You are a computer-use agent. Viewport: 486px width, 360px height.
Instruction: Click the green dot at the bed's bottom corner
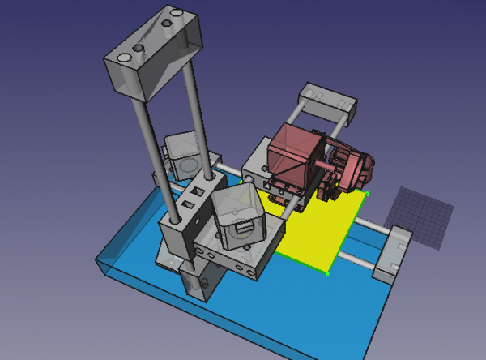coord(327,274)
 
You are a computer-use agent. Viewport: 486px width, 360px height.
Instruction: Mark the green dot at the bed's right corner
coord(367,194)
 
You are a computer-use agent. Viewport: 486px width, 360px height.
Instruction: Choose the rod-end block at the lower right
coord(391,254)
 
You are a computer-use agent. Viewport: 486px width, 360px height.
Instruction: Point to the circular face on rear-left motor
coord(189,165)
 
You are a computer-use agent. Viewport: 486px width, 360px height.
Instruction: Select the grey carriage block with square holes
coord(188,215)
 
